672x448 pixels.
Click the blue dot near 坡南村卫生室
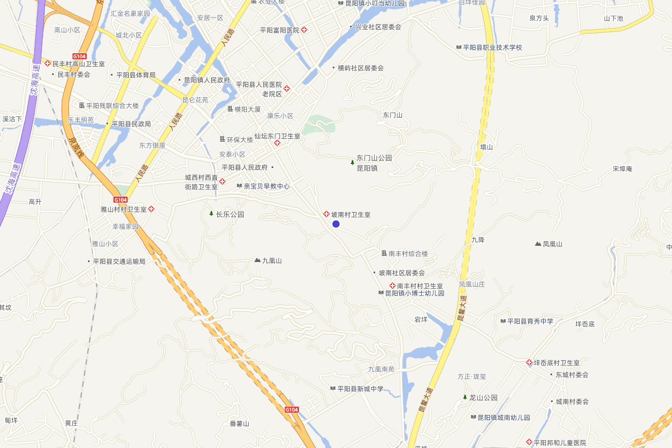[x=336, y=224]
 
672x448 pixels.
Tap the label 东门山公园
[x=374, y=158]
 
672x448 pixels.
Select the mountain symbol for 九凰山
[x=258, y=260]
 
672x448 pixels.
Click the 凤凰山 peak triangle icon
[x=538, y=244]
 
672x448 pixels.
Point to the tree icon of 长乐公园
[x=211, y=213]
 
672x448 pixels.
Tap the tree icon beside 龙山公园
[x=465, y=397]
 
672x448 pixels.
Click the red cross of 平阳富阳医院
[x=304, y=30]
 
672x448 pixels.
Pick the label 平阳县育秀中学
[x=530, y=321]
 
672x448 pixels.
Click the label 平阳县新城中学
[x=361, y=389]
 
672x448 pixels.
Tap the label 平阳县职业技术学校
[x=492, y=48]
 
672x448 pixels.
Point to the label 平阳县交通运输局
[x=119, y=261]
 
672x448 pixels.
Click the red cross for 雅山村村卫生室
[x=151, y=209]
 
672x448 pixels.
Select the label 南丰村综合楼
[x=408, y=254]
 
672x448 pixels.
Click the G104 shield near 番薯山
[x=292, y=410]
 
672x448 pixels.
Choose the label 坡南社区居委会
[x=402, y=273]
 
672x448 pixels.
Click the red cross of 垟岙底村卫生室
[x=529, y=363]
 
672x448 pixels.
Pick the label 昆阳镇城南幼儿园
[x=503, y=417]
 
